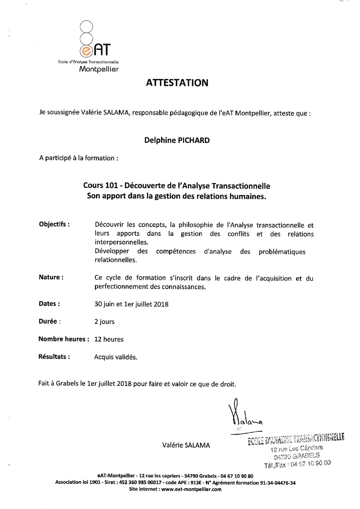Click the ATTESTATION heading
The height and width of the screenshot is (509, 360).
[177, 83]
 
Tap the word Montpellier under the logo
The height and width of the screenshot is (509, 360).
[99, 69]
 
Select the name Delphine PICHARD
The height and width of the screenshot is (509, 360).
[177, 140]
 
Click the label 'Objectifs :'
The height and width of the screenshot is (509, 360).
[54, 224]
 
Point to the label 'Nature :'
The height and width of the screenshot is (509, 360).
[51, 277]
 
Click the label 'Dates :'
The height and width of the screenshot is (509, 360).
[49, 304]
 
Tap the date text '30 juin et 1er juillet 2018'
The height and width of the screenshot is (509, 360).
[131, 304]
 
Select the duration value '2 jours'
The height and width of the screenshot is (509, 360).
[104, 322]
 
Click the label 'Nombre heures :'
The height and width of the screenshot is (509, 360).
[64, 339]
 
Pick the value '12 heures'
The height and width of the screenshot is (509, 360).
[109, 339]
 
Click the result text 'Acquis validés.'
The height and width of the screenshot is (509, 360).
[116, 357]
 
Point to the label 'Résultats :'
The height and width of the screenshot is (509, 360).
[54, 357]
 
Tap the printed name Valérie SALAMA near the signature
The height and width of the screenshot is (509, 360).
[186, 445]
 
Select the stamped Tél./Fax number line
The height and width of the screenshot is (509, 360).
[297, 464]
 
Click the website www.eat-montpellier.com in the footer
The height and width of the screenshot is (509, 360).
[191, 489]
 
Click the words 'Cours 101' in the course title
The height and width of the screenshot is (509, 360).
[100, 186]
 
